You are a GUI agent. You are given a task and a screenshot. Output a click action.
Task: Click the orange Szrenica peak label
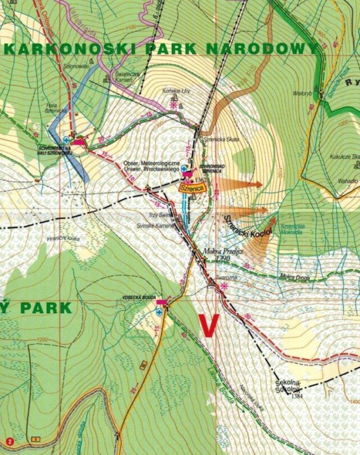192,189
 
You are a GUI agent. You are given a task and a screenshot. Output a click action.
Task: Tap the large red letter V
209,325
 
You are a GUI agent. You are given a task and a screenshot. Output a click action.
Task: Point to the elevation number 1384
297,395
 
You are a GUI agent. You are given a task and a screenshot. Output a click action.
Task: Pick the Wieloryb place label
302,94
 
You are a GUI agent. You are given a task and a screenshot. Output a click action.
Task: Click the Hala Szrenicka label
55,107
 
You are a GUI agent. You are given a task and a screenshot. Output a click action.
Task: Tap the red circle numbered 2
9,441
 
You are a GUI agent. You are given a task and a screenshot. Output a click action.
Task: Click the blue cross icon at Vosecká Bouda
159,312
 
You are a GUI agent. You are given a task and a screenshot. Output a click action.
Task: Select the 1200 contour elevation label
41,340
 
